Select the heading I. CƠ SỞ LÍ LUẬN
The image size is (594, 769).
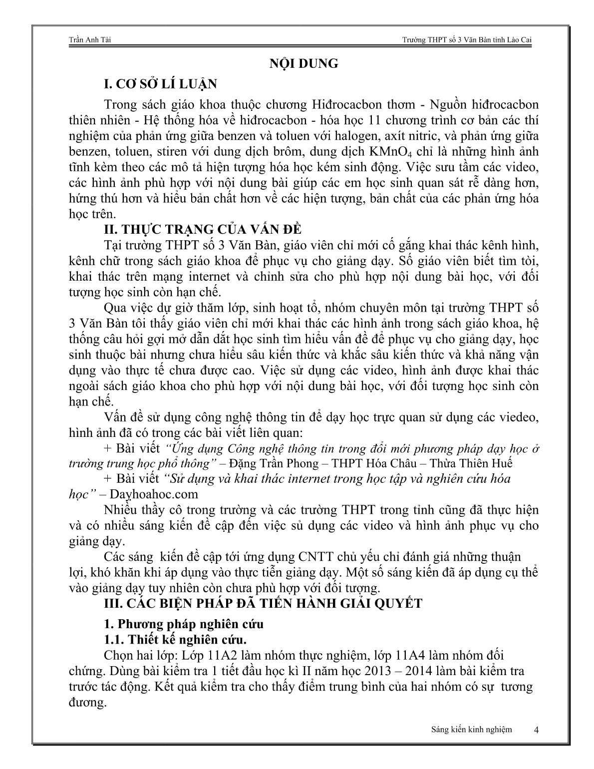pyautogui.click(x=160, y=84)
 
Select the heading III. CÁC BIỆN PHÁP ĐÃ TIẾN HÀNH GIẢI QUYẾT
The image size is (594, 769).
pyautogui.click(x=262, y=603)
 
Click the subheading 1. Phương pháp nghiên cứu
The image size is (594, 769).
pyautogui.click(x=183, y=624)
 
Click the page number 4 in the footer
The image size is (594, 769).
pyautogui.click(x=536, y=730)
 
